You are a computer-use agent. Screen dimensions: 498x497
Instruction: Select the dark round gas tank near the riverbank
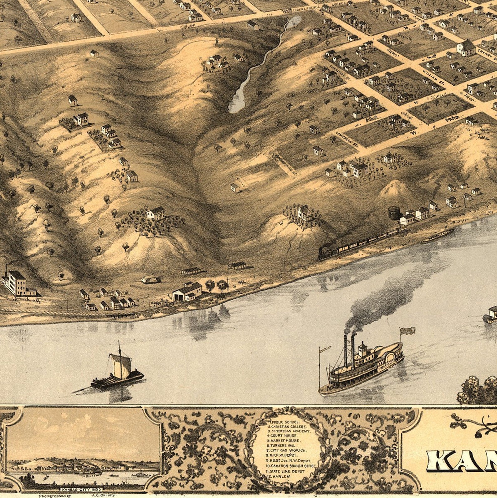click(x=393, y=213)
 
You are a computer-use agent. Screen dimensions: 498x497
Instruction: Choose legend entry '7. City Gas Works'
click(x=287, y=450)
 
